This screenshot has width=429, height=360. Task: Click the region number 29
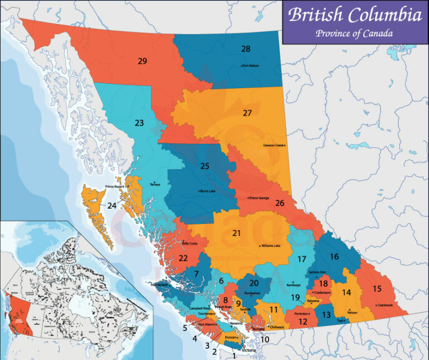click(x=142, y=61)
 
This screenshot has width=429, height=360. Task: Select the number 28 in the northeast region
click(x=245, y=49)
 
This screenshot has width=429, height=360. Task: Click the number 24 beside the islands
click(x=112, y=206)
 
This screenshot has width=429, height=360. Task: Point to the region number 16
click(x=334, y=257)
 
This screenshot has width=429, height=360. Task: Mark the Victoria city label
click(x=249, y=350)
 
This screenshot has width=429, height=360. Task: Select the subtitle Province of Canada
click(x=354, y=33)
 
